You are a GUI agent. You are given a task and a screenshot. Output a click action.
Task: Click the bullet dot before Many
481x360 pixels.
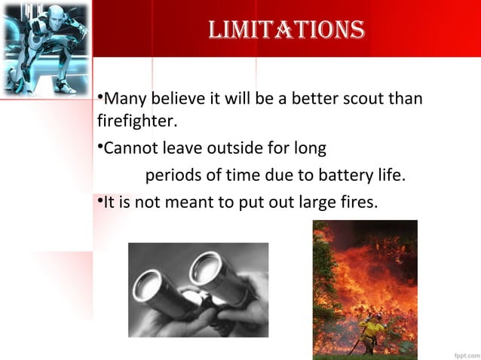click(x=100, y=98)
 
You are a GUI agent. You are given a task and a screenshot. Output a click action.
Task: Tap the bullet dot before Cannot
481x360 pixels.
click(x=100, y=145)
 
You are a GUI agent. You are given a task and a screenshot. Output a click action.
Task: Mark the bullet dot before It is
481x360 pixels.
click(x=100, y=200)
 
